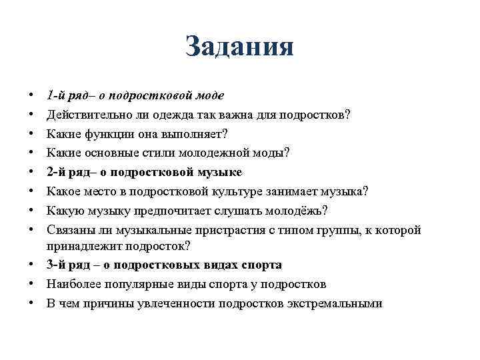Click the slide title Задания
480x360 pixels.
[239, 47]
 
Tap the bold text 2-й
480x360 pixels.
[59, 172]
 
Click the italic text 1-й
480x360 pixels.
[57, 95]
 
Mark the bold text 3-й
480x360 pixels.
[59, 265]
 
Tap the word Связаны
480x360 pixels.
[70, 230]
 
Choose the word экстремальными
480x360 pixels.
[334, 303]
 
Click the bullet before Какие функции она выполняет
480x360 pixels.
[32, 133]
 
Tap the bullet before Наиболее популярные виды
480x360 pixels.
[32, 284]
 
